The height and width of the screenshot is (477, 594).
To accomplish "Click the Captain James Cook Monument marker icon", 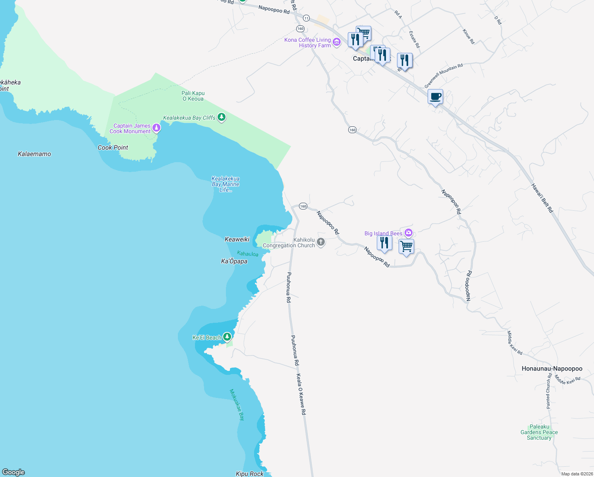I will tap(157, 128).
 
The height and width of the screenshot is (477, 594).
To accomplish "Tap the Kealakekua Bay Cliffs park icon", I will tap(222, 117).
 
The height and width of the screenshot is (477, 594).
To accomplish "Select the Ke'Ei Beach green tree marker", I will tap(227, 337).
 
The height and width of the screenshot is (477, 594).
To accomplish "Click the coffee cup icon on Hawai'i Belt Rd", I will tap(435, 97).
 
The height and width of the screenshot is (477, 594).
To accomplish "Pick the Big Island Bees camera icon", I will tap(409, 233).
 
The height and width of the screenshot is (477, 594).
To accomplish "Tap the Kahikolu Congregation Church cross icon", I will tap(321, 242).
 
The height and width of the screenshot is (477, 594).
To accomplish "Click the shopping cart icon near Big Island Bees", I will tap(406, 246).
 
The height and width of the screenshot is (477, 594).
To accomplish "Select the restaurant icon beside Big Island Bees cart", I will tap(384, 242).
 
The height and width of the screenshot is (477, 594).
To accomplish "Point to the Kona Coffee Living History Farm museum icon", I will tap(337, 42).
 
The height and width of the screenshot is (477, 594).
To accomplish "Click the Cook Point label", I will tap(113, 147).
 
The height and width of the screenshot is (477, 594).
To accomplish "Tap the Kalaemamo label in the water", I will tap(35, 154).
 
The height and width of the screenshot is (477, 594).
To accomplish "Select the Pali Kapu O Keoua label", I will tap(193, 96).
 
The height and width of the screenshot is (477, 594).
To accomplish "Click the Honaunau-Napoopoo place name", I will tap(552, 368).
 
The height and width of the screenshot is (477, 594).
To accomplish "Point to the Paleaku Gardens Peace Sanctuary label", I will tap(539, 432).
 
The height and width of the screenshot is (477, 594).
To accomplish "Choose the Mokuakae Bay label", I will tap(237, 404).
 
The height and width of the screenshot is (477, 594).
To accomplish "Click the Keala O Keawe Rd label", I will tap(301, 394).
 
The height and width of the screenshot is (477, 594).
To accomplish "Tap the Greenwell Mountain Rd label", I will tap(443, 76).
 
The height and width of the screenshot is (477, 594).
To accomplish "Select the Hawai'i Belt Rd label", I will tap(542, 198).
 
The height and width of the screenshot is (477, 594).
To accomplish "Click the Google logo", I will tap(13, 472).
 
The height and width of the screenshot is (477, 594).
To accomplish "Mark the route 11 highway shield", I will tap(306, 18).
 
